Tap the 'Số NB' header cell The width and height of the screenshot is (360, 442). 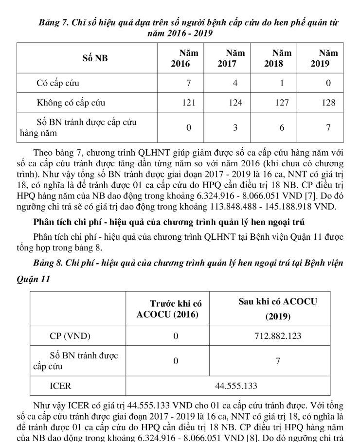pyautogui.click(x=95, y=58)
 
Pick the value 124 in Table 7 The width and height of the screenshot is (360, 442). pyautogui.click(x=235, y=103)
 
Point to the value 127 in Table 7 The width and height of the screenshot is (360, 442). pyautogui.click(x=282, y=103)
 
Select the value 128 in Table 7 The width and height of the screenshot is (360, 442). pyautogui.click(x=328, y=103)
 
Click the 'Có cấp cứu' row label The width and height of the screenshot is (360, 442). pyautogui.click(x=58, y=83)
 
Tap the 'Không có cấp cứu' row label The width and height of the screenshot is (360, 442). pyautogui.click(x=71, y=103)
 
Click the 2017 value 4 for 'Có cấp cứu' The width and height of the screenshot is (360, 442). pyautogui.click(x=235, y=83)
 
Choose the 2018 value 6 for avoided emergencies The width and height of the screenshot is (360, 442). pyautogui.click(x=282, y=127)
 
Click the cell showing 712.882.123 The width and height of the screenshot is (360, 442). pyautogui.click(x=278, y=336)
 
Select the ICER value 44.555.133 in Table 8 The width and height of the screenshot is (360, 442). pyautogui.click(x=235, y=386)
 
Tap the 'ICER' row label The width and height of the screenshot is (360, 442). pyautogui.click(x=60, y=386)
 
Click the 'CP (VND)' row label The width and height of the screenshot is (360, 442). pyautogui.click(x=70, y=336)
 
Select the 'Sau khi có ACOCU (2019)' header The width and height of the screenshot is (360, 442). pyautogui.click(x=278, y=309)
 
